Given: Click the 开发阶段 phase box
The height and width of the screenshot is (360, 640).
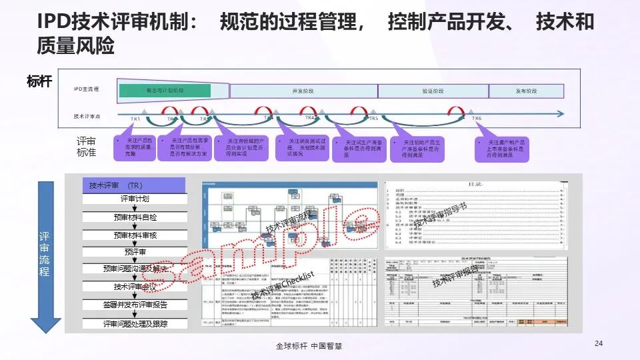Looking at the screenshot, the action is click(x=303, y=91).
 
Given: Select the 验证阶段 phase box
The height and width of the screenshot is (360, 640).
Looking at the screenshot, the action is click(x=433, y=91).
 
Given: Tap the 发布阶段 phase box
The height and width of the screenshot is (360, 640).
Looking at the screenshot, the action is click(x=526, y=91).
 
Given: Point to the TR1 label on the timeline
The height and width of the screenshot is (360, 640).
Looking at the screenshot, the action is click(x=135, y=119).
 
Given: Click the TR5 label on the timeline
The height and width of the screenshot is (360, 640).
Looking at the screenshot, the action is click(x=374, y=118).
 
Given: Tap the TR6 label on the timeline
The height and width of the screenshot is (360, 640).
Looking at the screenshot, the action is click(x=477, y=118).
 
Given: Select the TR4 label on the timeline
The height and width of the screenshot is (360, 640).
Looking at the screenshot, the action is click(x=309, y=117).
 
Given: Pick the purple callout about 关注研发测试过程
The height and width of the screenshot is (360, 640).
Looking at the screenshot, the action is click(x=301, y=147).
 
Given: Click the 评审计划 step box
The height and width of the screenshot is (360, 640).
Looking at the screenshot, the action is click(x=135, y=199).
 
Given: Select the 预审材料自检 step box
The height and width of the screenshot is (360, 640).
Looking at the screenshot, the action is click(x=135, y=217).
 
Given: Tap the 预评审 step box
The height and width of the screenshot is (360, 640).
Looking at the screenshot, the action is click(x=135, y=252).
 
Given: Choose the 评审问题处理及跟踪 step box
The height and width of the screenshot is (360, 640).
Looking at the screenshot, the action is click(x=135, y=323).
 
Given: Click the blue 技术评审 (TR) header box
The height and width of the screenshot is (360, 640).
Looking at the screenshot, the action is click(x=135, y=185).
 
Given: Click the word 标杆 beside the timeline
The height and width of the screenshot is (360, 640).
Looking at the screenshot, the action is click(x=39, y=82).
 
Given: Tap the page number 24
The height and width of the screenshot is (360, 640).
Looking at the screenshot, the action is click(x=598, y=343).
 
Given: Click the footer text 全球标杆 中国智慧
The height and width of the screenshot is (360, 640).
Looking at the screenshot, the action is click(x=309, y=347).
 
